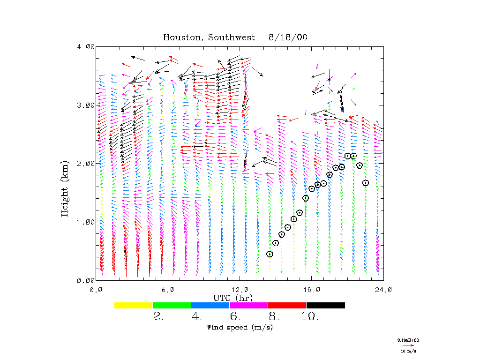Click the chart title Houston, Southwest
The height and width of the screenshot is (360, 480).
coord(209,37)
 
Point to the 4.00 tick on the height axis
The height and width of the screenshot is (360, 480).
coord(86,47)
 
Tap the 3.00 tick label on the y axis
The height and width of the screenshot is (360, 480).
coord(86,105)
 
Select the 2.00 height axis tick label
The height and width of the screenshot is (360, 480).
coord(86,164)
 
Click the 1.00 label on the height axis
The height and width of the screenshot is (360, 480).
coord(86,222)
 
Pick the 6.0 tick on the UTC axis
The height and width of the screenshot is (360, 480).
coord(168,290)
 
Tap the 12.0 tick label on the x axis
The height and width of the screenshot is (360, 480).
coord(240,290)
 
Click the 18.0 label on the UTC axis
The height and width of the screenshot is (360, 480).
coord(312,290)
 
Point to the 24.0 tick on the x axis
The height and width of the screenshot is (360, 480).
coord(383,290)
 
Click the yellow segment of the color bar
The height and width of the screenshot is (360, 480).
coord(133,305)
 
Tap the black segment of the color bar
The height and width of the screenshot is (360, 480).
coord(325,305)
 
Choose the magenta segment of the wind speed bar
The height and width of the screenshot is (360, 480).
coord(248,305)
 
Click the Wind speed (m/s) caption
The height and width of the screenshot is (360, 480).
coord(240,327)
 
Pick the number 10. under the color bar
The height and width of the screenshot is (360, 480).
coord(310,317)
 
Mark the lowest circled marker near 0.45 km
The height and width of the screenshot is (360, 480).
coord(270,254)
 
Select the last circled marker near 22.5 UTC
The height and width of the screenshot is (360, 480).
coord(366,183)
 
